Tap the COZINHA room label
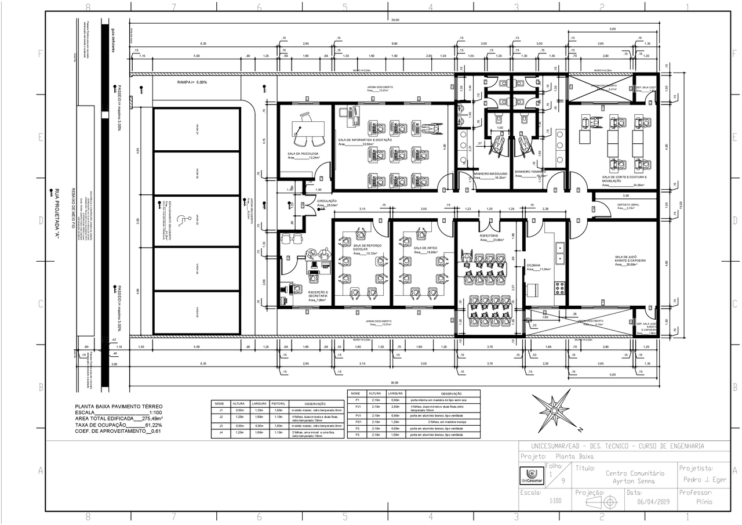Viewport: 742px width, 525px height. [x=533, y=265]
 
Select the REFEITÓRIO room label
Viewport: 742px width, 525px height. [x=488, y=236]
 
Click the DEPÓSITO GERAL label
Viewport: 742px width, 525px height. [x=628, y=205]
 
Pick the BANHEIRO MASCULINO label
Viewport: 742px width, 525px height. [x=490, y=173]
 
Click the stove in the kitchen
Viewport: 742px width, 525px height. [x=560, y=288]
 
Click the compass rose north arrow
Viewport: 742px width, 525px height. [x=553, y=410]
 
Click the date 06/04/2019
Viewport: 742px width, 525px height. [x=653, y=502]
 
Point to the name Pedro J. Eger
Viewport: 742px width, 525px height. [x=704, y=480]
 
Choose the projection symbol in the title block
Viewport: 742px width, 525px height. [x=603, y=502]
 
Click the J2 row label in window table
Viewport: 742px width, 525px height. [x=220, y=417]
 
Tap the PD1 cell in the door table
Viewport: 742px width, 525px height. [x=358, y=422]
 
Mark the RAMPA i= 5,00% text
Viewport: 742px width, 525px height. [x=192, y=82]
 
